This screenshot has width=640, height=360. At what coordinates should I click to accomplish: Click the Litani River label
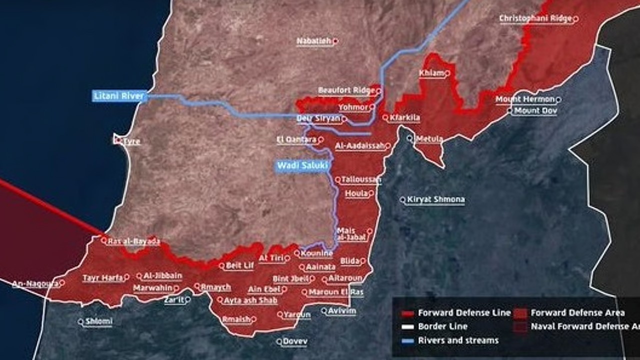click(x=119, y=95)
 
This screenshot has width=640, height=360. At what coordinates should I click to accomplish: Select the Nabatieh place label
click(x=314, y=41)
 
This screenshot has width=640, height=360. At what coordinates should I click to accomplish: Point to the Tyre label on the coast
click(x=131, y=141)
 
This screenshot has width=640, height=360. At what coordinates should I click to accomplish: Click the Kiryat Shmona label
click(x=435, y=199)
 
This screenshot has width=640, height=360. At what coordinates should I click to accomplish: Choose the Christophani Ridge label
click(x=535, y=19)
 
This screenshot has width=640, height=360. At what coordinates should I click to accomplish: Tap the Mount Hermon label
click(x=525, y=99)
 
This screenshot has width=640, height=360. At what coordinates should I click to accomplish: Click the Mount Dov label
click(x=535, y=110)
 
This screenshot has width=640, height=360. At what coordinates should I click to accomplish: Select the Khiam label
click(x=431, y=73)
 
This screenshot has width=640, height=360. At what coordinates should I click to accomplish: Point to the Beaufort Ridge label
click(x=346, y=90)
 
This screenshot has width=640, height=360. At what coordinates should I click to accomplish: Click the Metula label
click(x=429, y=138)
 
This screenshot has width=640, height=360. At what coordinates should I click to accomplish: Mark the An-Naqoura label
click(x=35, y=283)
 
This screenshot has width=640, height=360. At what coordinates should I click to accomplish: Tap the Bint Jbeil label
click(x=290, y=279)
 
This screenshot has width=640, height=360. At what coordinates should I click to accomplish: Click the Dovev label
click(x=294, y=341)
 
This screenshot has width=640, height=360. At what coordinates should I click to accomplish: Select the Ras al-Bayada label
click(x=133, y=241)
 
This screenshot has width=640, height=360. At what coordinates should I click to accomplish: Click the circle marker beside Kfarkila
click(x=385, y=118)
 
